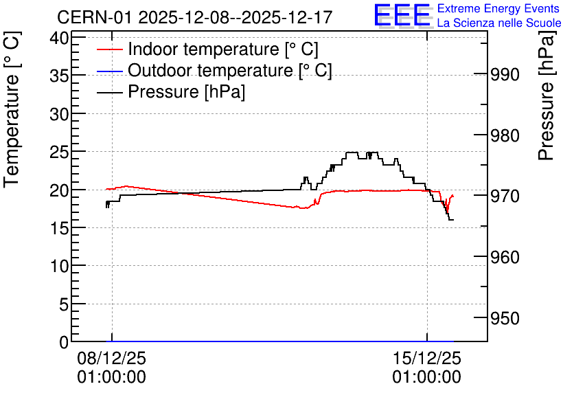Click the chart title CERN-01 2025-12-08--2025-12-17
pyautogui.click(x=195, y=17)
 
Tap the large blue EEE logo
pyautogui.click(x=402, y=15)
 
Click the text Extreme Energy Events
pyautogui.click(x=498, y=8)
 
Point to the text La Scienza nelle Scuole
pyautogui.click(x=499, y=23)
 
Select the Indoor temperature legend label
pyautogui.click(x=223, y=49)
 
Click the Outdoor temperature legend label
pyautogui.click(x=230, y=70)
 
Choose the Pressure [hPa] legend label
pyautogui.click(x=186, y=91)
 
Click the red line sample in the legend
pyautogui.click(x=109, y=49)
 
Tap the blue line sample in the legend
pyautogui.click(x=109, y=71)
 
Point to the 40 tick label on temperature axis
pyautogui.click(x=59, y=38)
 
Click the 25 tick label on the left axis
pyautogui.click(x=59, y=152)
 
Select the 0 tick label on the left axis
pyautogui.click(x=64, y=342)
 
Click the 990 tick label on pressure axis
pyautogui.click(x=505, y=75)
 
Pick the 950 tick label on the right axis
pyautogui.click(x=505, y=318)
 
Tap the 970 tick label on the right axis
pyautogui.click(x=505, y=196)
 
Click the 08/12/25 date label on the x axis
pyautogui.click(x=112, y=358)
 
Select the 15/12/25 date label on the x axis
pyautogui.click(x=427, y=358)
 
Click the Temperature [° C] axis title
pyautogui.click(x=12, y=109)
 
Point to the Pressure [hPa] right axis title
pyautogui.click(x=546, y=96)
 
